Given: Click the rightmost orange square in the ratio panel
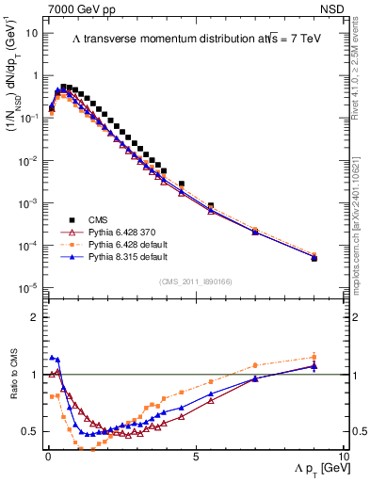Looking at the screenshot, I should pos(314,357).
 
